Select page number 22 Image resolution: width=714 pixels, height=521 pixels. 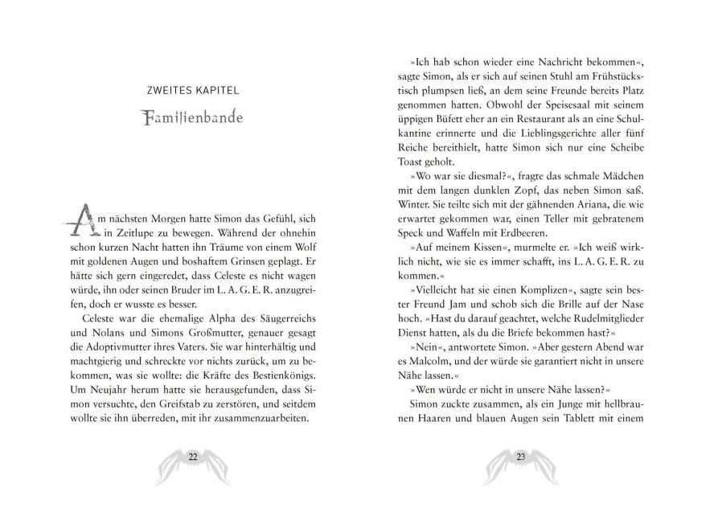coord(193,457)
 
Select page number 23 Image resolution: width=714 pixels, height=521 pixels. coord(520,457)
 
